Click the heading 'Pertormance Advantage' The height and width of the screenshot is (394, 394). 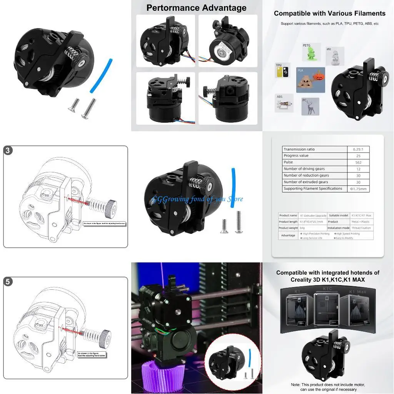196,8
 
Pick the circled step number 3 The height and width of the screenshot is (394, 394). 8,150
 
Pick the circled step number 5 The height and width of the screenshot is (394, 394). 8,282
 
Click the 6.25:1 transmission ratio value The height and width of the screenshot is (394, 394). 358,149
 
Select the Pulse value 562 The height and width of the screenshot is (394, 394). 358,162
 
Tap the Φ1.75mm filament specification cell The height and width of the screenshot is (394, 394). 358,189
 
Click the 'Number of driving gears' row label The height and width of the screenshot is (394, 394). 304,169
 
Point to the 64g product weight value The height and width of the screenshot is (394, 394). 303,228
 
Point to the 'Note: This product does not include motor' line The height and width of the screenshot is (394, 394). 328,384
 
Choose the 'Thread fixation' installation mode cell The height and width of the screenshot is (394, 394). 361,228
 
